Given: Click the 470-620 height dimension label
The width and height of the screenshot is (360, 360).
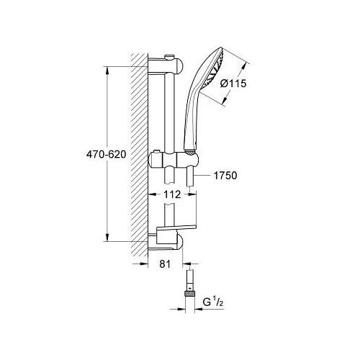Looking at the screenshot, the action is (x=106, y=155).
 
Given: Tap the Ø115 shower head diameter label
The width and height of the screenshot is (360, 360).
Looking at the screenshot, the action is (x=233, y=84).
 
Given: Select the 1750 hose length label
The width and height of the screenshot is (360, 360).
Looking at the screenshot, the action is (x=225, y=176).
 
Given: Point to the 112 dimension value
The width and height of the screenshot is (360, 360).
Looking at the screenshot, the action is (x=172, y=194).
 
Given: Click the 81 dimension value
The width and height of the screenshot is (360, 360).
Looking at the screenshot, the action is (x=165, y=264).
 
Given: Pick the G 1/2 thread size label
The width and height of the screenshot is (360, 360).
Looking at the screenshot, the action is (x=213, y=302).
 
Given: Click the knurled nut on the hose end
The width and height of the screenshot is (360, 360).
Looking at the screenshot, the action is (x=190, y=293).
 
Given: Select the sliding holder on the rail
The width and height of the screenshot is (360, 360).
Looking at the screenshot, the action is (x=174, y=159).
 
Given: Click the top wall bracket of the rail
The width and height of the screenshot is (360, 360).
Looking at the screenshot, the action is (x=166, y=66).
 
